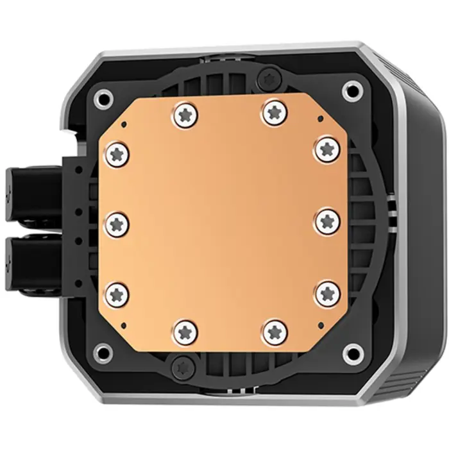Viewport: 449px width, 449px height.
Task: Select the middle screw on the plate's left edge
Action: [x=117, y=223]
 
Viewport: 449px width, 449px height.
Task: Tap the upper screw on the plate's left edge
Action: [x=117, y=152]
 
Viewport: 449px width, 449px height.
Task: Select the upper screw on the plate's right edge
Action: [x=327, y=148]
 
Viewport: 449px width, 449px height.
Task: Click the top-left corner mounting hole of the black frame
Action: [x=102, y=98]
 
